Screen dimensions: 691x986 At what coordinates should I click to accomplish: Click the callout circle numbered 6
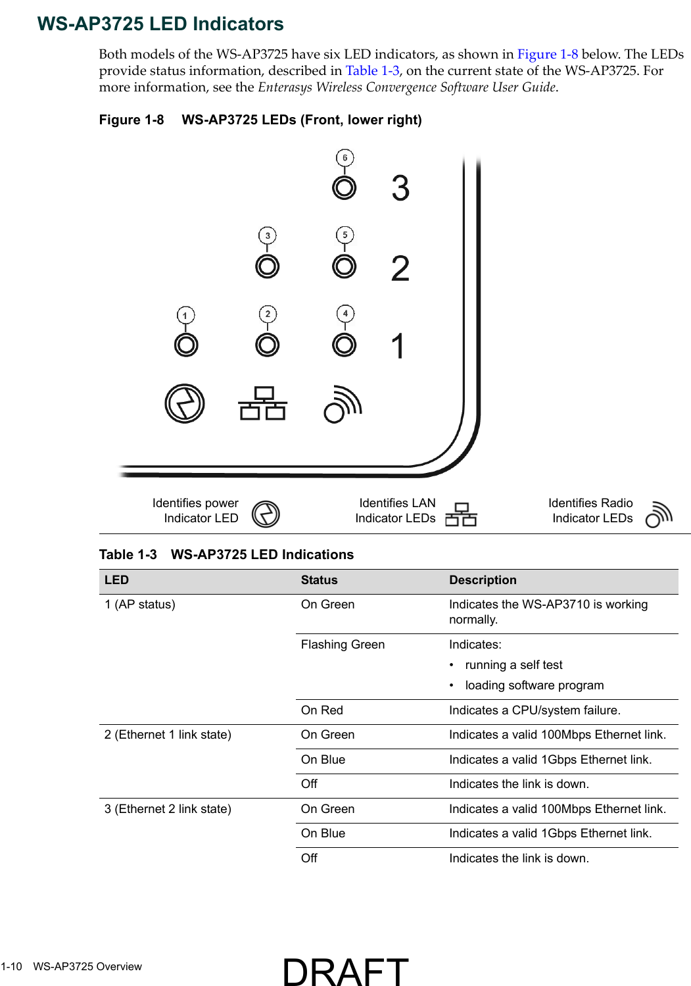(x=345, y=158)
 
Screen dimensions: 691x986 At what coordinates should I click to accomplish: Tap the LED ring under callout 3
(x=268, y=266)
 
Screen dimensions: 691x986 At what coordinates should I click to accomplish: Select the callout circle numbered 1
(x=186, y=316)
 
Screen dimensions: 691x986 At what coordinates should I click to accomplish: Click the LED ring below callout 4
(x=345, y=345)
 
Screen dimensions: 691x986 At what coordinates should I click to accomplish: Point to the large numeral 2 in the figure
(x=400, y=269)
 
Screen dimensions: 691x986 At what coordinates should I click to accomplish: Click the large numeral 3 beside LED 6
(x=400, y=189)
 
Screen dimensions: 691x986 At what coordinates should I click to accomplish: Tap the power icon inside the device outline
(x=185, y=403)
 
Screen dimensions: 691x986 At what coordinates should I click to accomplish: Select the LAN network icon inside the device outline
(x=263, y=403)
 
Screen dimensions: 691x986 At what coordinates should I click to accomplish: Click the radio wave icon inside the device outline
(x=343, y=404)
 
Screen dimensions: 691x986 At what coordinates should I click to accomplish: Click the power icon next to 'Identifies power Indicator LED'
(x=266, y=514)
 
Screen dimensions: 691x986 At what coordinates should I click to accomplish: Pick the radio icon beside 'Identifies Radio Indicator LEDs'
(x=659, y=514)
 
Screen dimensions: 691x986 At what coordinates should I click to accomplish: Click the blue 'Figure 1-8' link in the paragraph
(x=547, y=55)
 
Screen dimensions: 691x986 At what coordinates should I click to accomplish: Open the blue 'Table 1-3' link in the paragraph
(x=372, y=71)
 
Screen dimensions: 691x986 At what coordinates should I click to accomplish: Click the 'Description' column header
(x=483, y=580)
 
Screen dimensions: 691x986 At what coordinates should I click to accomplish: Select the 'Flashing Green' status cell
(x=343, y=645)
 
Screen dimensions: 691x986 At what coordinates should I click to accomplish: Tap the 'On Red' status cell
(x=322, y=710)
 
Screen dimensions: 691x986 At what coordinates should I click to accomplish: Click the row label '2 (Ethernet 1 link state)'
(x=168, y=735)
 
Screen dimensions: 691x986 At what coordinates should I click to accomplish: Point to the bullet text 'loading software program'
(x=534, y=685)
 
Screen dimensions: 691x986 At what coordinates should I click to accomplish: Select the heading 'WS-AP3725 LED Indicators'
(x=160, y=24)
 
